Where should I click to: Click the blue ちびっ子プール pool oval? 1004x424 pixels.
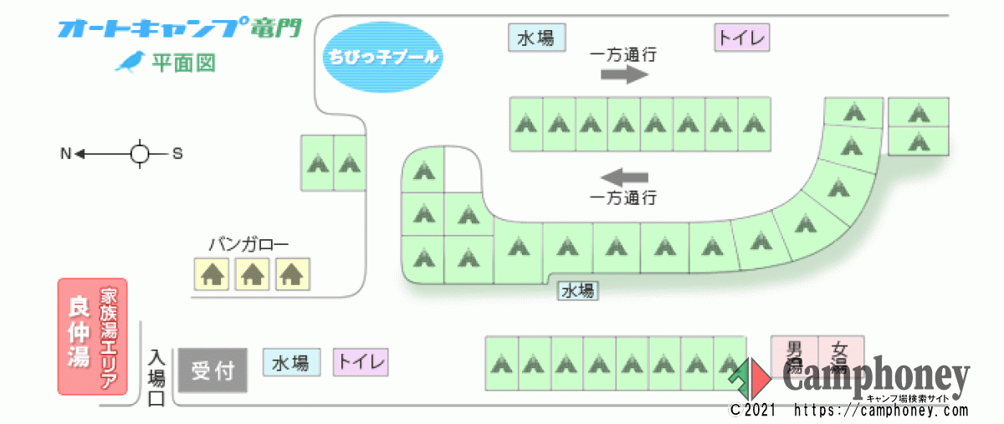[x=382, y=58]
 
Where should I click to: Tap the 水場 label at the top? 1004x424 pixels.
[x=535, y=38]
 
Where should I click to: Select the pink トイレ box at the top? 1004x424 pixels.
[x=741, y=38]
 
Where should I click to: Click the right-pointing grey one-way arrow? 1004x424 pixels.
[x=624, y=75]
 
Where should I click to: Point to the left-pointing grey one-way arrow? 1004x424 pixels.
[x=624, y=177]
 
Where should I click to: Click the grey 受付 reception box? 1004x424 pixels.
[x=213, y=370]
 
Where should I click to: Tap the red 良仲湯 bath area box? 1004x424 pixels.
[x=92, y=336]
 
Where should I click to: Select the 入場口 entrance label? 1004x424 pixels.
[x=156, y=377]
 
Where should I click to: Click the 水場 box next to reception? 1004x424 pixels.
[x=290, y=363]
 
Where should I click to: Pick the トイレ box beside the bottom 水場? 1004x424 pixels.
[x=361, y=363]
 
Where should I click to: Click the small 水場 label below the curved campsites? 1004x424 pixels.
[x=577, y=291]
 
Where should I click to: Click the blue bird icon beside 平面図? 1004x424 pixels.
[x=129, y=62]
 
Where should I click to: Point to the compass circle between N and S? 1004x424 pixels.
[x=140, y=154]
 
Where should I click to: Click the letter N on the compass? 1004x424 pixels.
[x=65, y=154]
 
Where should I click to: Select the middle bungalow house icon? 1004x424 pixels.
[x=253, y=273]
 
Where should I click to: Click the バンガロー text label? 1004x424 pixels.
[x=248, y=245]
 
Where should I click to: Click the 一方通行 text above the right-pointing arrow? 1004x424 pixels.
[x=623, y=55]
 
